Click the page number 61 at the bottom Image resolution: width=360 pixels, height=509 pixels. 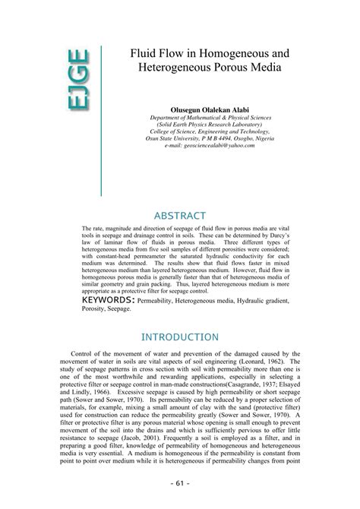pyautogui.click(x=180, y=482)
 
